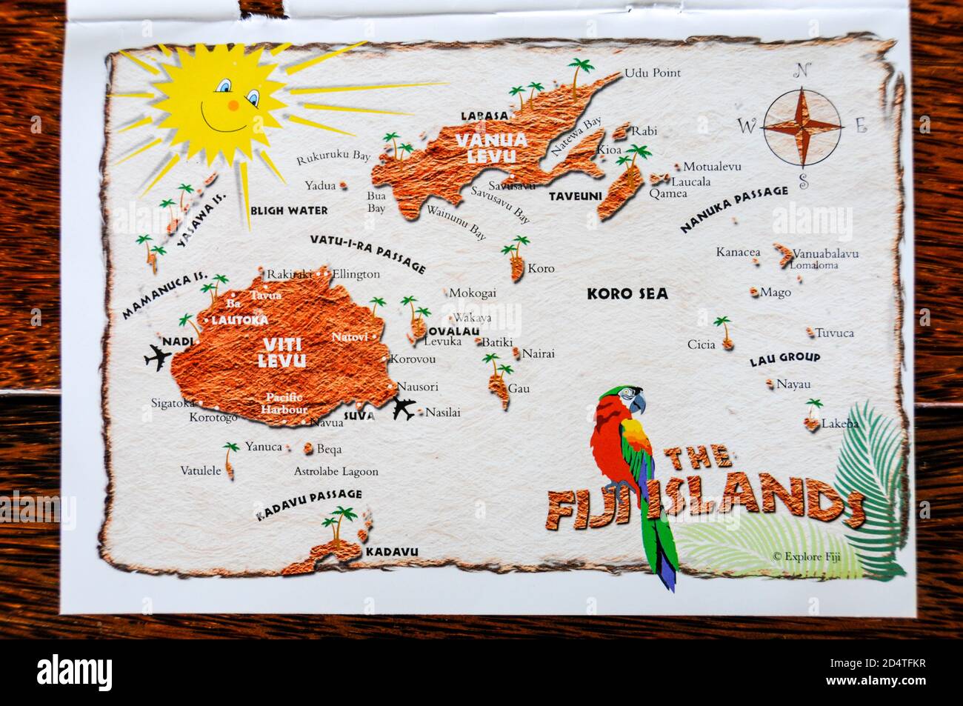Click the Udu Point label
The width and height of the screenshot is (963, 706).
(652, 73)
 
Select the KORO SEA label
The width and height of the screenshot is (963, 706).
(627, 293)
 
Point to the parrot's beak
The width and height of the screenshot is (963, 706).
(639, 402)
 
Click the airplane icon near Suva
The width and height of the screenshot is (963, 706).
(404, 409)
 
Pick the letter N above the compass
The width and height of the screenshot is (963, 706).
(800, 71)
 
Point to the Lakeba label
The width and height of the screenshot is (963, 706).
(839, 424)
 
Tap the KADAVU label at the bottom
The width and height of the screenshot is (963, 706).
(392, 551)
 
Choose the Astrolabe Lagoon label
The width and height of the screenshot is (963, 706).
(336, 471)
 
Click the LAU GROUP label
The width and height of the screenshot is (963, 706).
(784, 359)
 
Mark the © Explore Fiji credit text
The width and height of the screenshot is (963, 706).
(810, 555)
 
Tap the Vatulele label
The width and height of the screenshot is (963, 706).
(200, 470)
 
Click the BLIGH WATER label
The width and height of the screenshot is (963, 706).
(289, 210)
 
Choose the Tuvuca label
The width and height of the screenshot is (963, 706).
(835, 333)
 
